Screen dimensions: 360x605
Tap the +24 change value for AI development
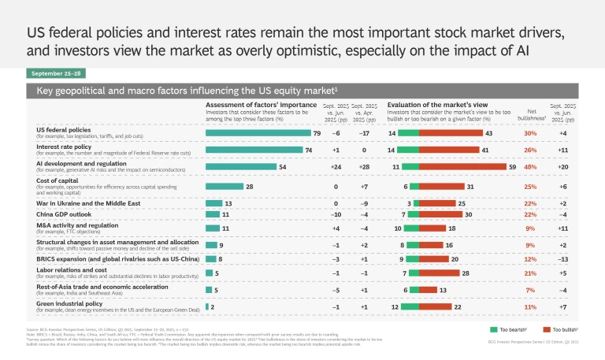336,166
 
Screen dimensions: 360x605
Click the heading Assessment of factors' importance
257,104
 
